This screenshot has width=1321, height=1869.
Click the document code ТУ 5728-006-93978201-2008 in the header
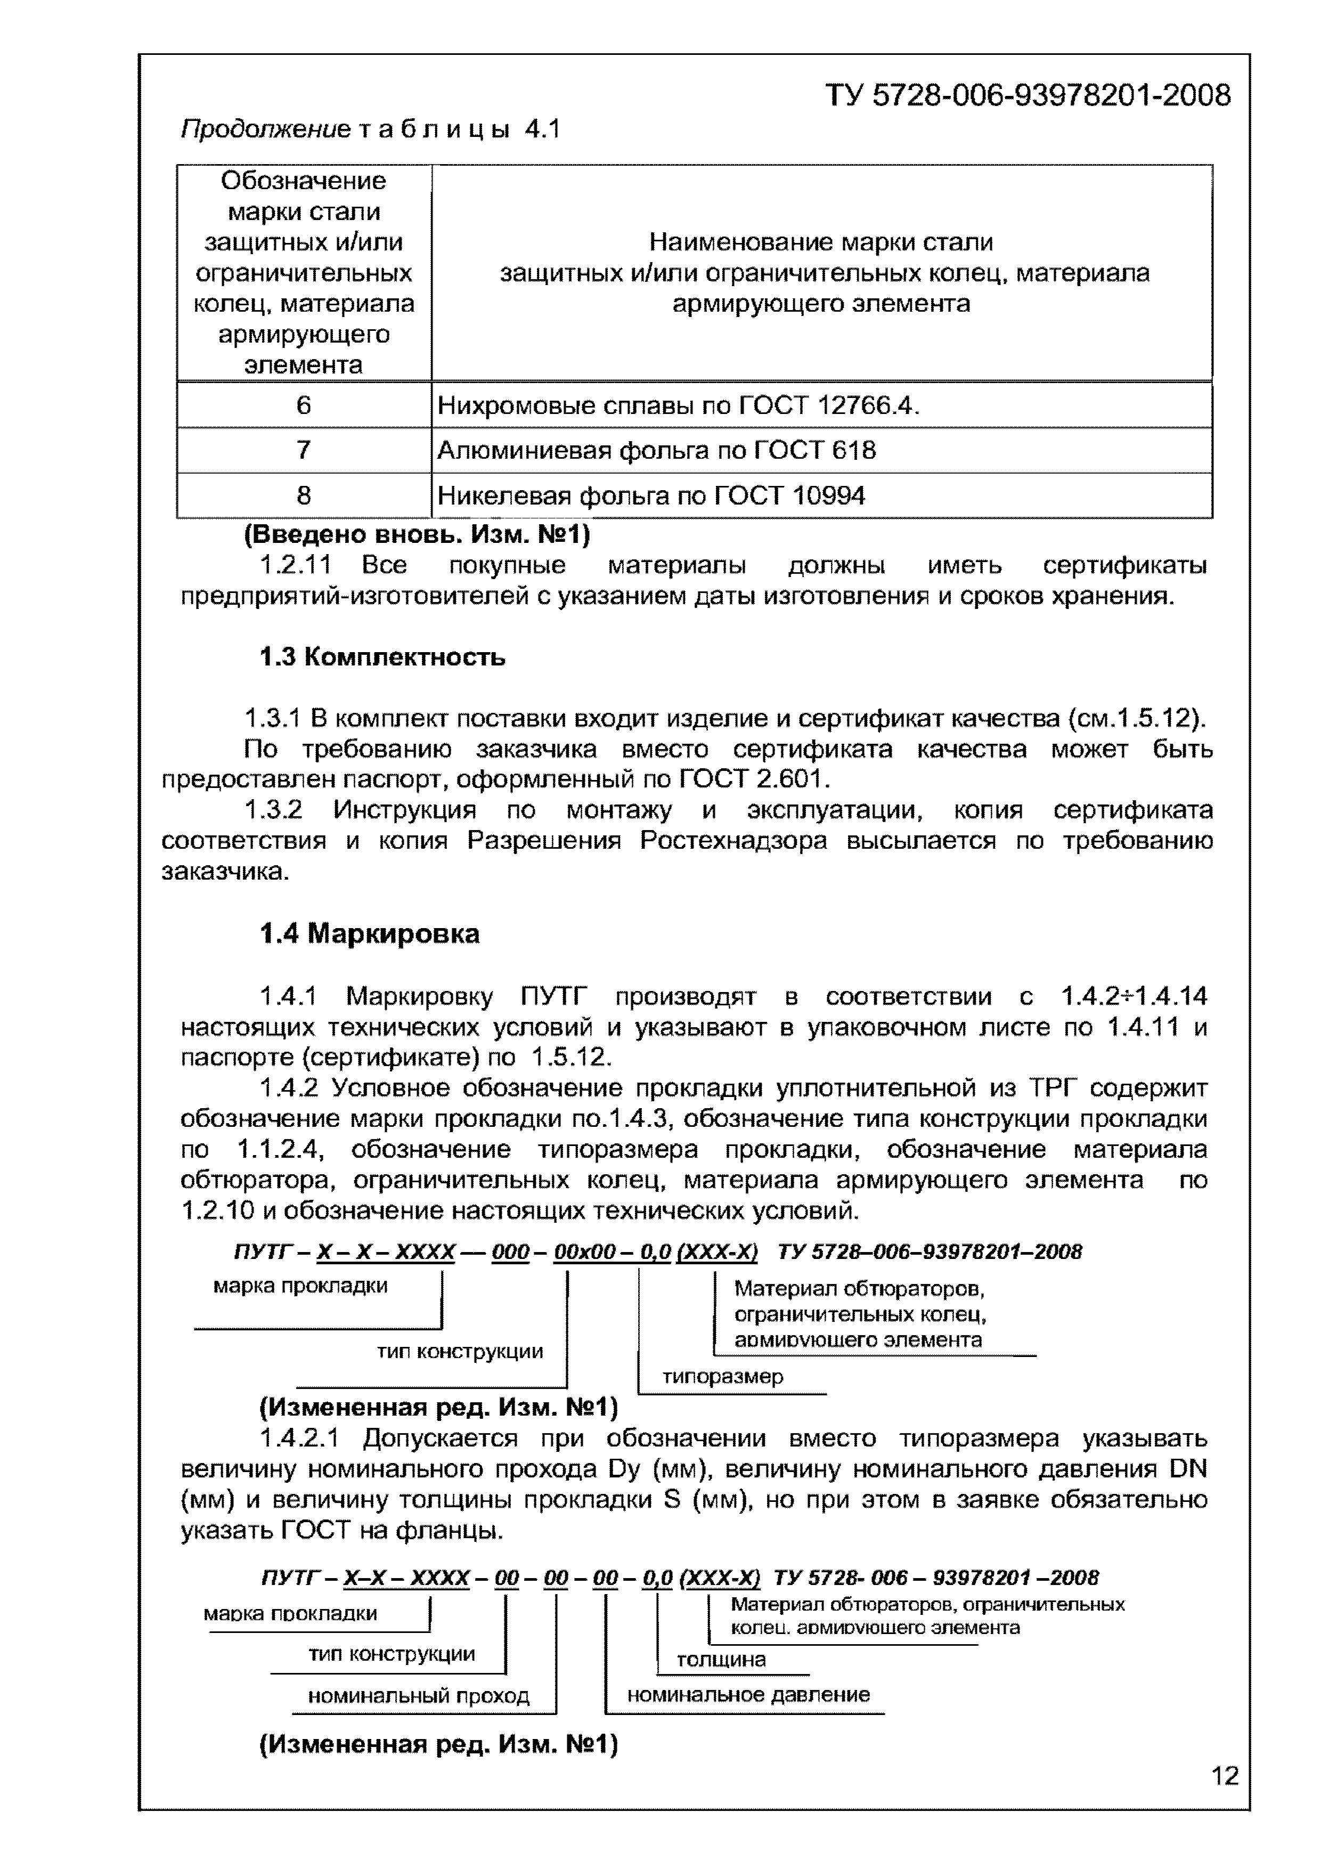1028,96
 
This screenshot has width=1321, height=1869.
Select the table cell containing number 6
304,405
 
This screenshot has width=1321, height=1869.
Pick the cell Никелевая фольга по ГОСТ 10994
651,495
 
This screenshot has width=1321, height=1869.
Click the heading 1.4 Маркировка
370,933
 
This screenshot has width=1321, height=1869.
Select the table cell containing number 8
304,495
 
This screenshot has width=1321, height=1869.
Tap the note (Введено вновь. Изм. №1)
417,535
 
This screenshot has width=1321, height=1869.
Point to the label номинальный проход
418,1696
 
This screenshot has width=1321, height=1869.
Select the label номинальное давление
748,1695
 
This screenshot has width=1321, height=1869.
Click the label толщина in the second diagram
721,1659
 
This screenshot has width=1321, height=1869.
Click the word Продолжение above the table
265,130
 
